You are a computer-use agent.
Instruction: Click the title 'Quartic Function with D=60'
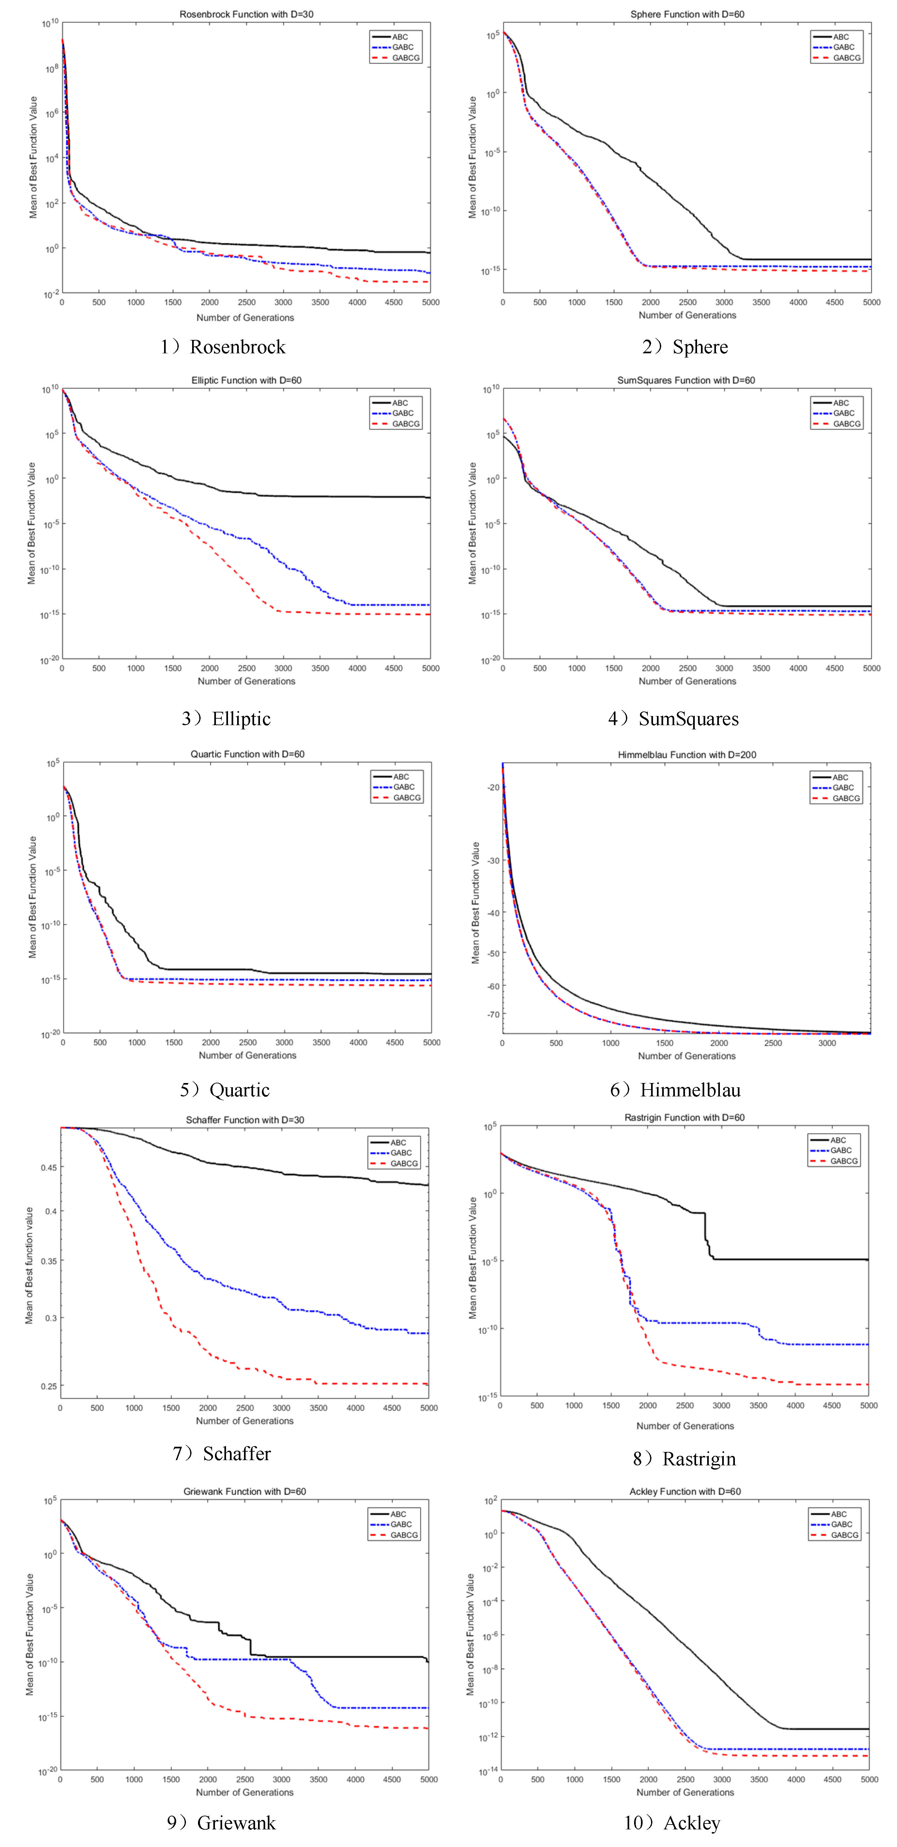click(x=247, y=754)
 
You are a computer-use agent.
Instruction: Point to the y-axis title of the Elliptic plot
click(x=32, y=524)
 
